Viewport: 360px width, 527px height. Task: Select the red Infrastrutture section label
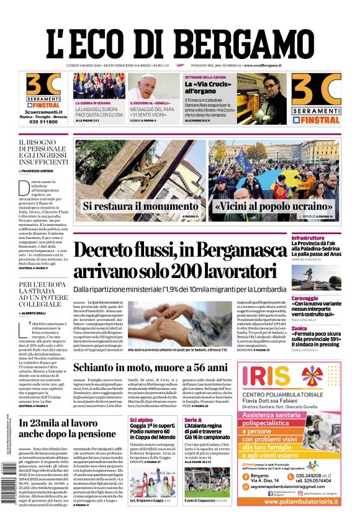(326, 238)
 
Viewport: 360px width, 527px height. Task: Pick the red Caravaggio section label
(323, 299)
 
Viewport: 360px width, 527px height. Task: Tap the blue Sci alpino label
(142, 420)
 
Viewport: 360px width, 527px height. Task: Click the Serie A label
(193, 420)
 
